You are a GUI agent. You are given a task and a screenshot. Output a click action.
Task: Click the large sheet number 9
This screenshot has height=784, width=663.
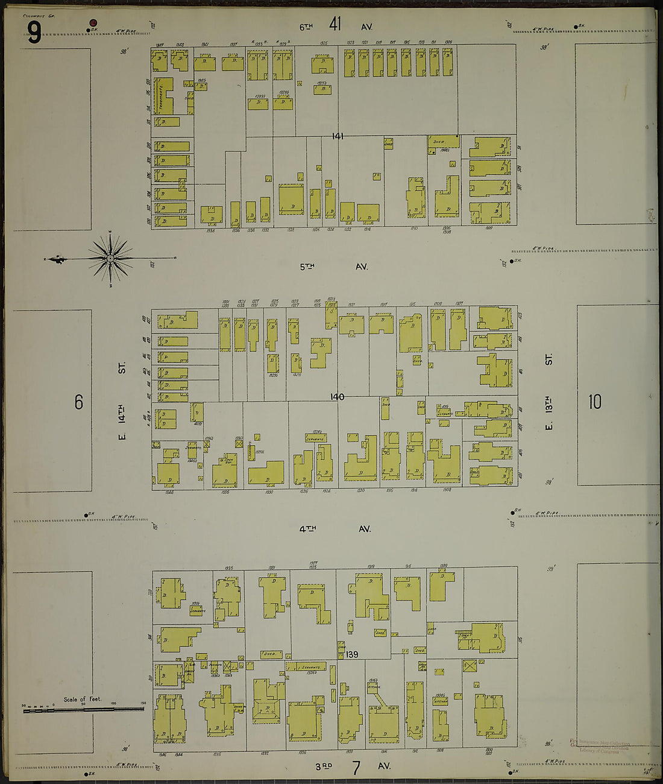click(34, 33)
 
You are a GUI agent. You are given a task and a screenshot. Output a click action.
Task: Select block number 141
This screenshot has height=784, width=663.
click(338, 137)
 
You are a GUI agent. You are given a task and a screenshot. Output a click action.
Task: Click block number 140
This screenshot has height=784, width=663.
click(337, 397)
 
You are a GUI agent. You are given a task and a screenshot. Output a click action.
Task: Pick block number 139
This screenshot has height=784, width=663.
click(352, 654)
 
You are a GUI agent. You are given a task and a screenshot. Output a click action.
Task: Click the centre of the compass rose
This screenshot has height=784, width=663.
click(111, 259)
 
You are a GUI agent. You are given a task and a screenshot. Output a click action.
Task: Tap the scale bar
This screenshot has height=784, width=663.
click(83, 709)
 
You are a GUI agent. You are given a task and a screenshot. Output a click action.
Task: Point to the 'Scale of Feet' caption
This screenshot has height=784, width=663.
click(83, 700)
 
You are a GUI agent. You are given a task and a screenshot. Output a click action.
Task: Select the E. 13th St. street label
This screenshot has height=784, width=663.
click(548, 393)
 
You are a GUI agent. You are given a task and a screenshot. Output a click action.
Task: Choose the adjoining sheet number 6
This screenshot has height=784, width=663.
click(78, 402)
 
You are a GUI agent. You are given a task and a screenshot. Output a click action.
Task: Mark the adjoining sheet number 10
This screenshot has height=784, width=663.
click(594, 402)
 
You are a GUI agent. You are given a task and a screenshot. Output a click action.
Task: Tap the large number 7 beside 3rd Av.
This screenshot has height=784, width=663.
click(356, 768)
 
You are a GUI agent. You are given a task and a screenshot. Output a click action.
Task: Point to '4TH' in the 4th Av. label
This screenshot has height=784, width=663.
click(307, 529)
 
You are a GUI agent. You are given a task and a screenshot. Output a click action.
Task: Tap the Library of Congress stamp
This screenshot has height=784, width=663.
click(599, 747)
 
